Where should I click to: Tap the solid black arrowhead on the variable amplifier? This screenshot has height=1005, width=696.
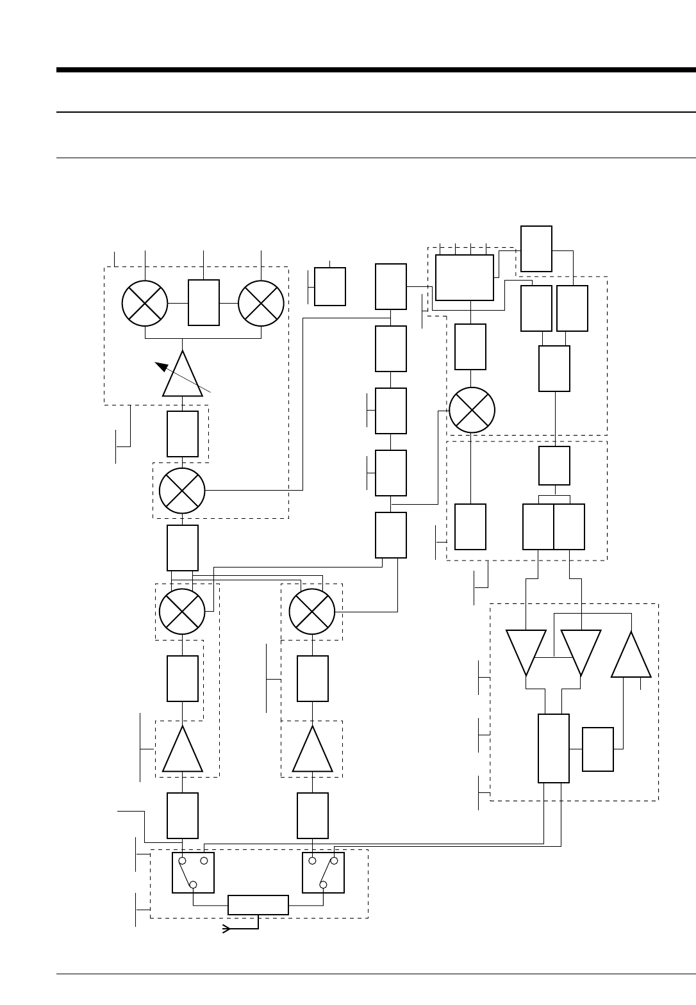[161, 366]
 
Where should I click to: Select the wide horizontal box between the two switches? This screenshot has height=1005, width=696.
[258, 905]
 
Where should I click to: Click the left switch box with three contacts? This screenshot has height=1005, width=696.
[193, 872]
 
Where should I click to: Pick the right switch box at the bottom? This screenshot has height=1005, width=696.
[323, 872]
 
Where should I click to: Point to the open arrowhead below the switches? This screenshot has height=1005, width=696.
[226, 929]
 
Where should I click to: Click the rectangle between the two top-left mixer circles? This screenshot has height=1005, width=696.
[204, 302]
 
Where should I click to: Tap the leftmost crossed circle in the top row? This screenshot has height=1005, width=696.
[145, 303]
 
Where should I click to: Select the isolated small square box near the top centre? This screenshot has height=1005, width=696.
[330, 286]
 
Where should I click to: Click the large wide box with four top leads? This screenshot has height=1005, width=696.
[465, 277]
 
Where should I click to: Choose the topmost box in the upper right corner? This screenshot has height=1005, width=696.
[536, 249]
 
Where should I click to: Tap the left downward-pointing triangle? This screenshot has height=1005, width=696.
[526, 650]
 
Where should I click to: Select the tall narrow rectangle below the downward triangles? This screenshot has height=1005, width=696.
[554, 748]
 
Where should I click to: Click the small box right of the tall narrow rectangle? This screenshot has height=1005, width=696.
[598, 749]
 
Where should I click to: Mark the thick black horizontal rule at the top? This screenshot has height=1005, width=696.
[376, 70]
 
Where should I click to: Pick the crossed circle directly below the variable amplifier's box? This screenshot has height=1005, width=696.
[182, 491]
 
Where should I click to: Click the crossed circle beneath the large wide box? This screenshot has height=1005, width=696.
[472, 411]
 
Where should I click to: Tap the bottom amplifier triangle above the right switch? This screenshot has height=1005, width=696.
[313, 751]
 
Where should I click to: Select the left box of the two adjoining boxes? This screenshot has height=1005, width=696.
[538, 527]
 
